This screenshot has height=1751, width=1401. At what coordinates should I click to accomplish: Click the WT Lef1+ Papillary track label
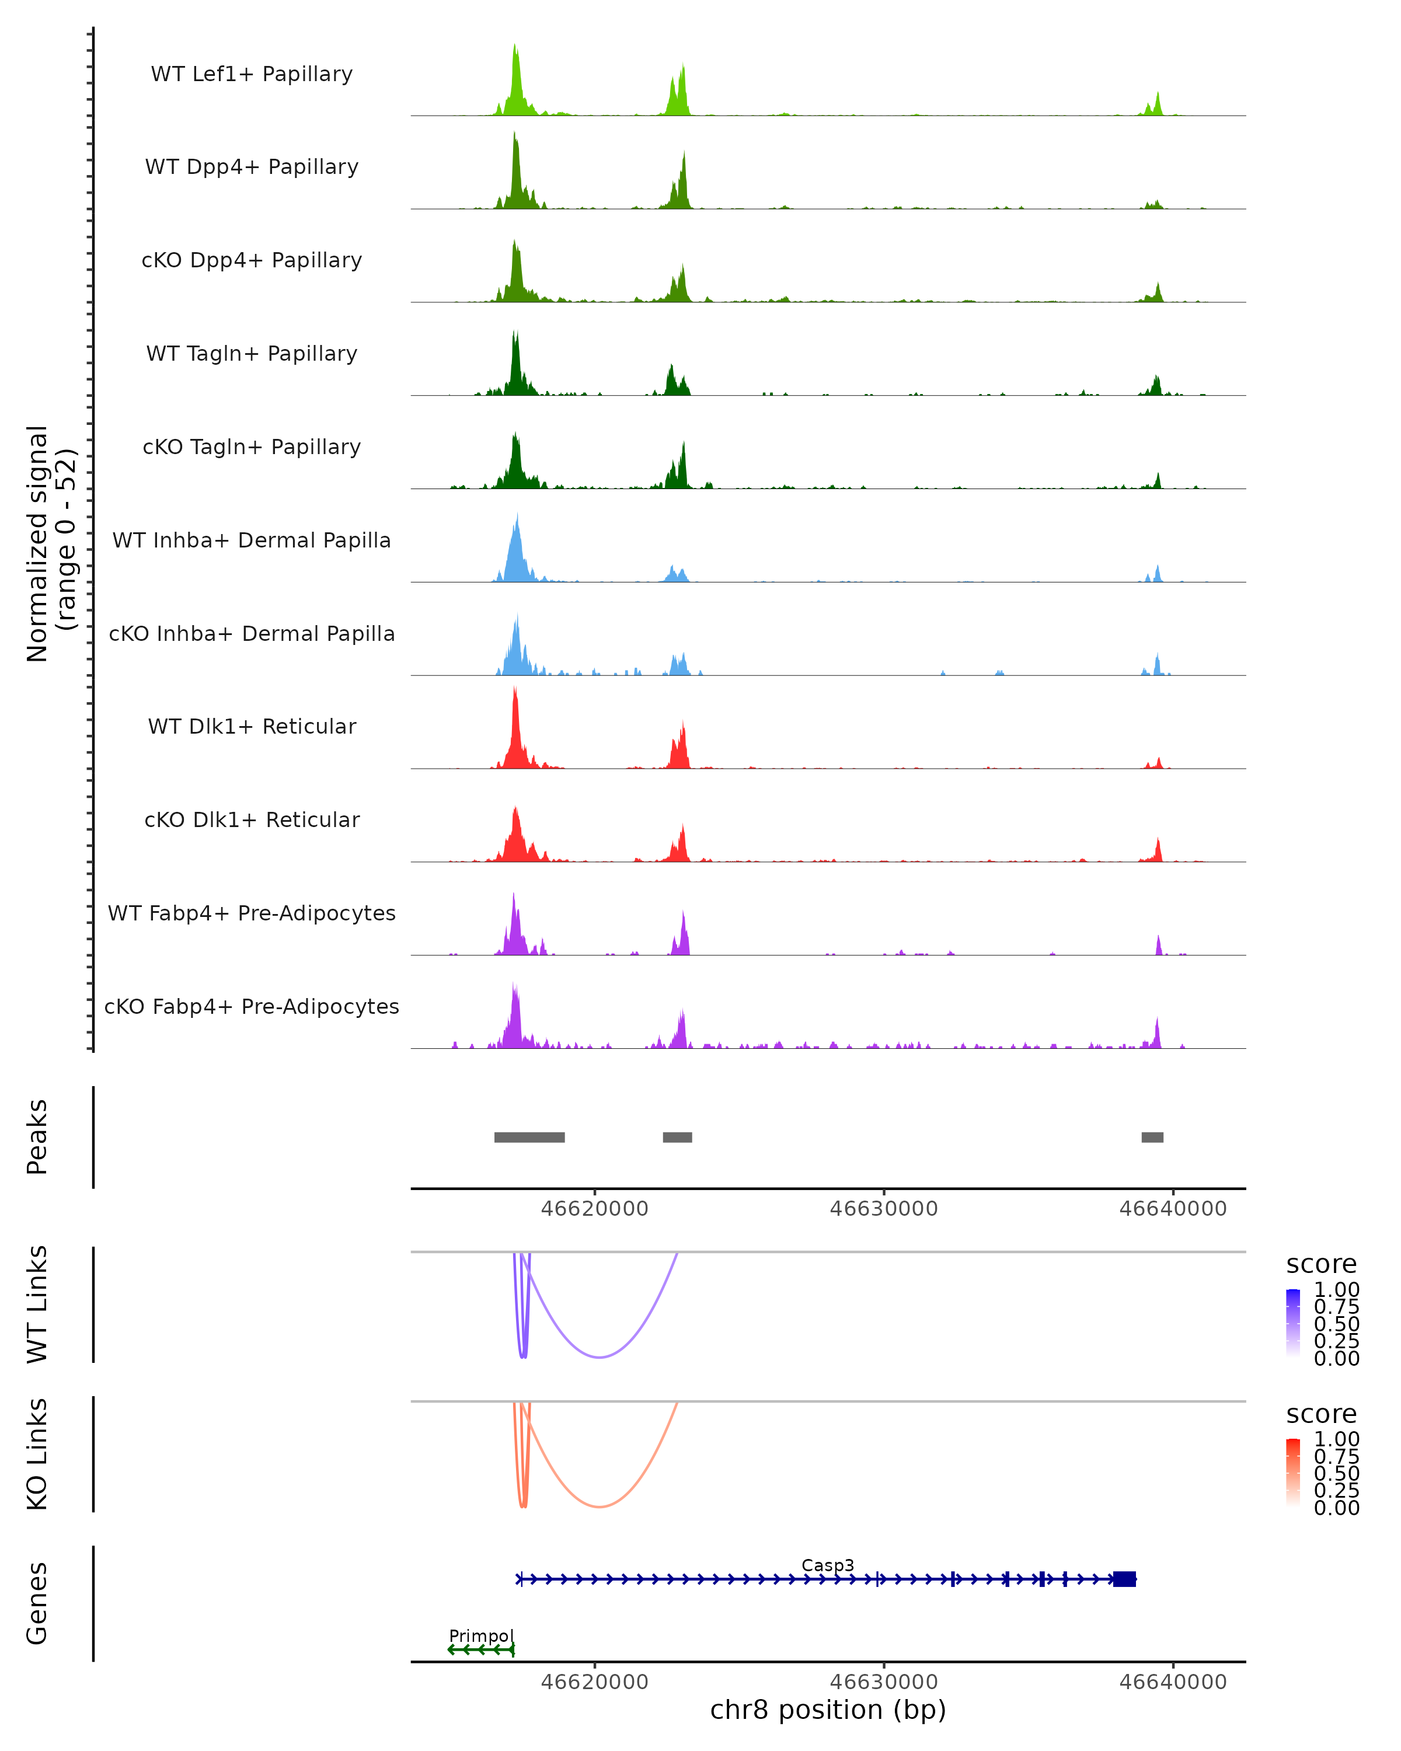click(252, 74)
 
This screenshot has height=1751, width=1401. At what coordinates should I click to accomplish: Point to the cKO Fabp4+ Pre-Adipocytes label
click(252, 1006)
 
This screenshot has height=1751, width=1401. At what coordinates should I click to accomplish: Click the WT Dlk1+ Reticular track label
click(252, 726)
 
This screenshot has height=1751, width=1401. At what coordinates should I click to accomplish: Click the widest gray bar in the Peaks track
click(529, 1137)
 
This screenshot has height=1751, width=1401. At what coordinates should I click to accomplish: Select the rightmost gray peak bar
click(1152, 1137)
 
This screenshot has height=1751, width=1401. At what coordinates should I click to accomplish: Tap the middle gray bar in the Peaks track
click(677, 1137)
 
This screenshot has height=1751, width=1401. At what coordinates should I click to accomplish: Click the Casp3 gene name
click(828, 1565)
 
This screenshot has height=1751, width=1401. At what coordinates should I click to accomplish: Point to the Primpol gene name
click(482, 1635)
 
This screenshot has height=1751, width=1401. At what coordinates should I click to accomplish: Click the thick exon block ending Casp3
click(1124, 1579)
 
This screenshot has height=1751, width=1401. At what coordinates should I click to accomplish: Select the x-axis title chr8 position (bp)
click(828, 1710)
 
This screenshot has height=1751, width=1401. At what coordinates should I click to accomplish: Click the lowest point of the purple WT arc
click(600, 1357)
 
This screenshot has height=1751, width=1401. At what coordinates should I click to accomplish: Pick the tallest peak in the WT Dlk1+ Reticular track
click(515, 689)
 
